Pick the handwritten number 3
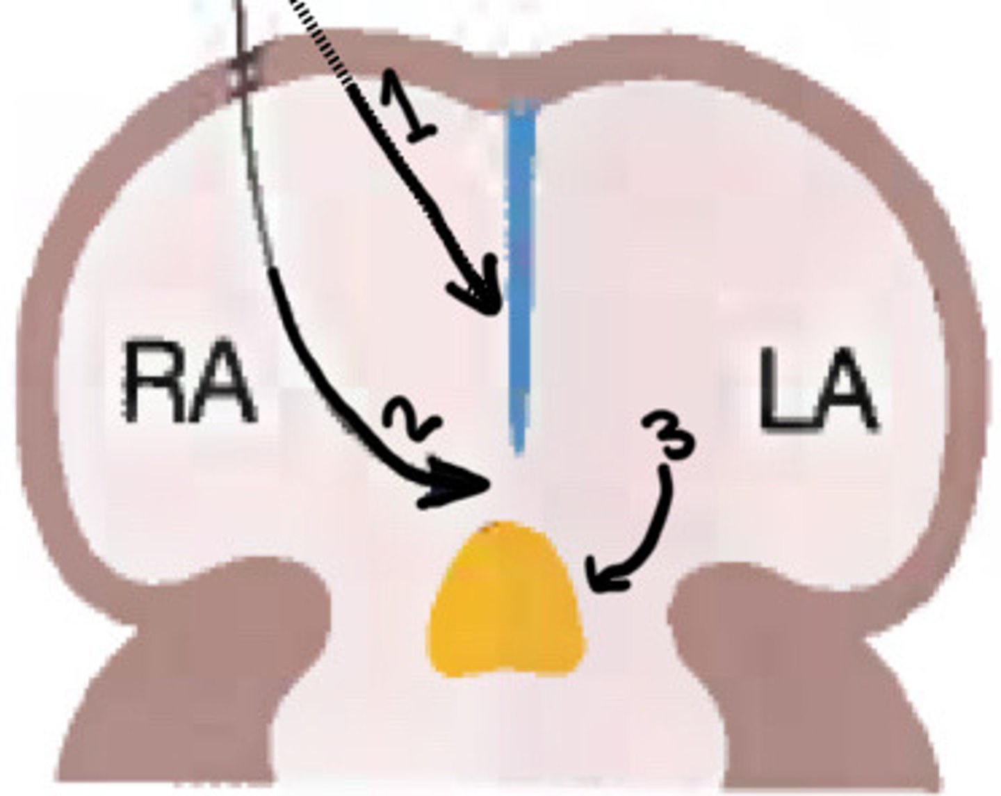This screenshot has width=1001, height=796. [x=667, y=434]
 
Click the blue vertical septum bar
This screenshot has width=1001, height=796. [x=519, y=278]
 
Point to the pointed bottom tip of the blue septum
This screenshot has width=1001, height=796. [x=517, y=448]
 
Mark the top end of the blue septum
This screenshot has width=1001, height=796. [x=523, y=108]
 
